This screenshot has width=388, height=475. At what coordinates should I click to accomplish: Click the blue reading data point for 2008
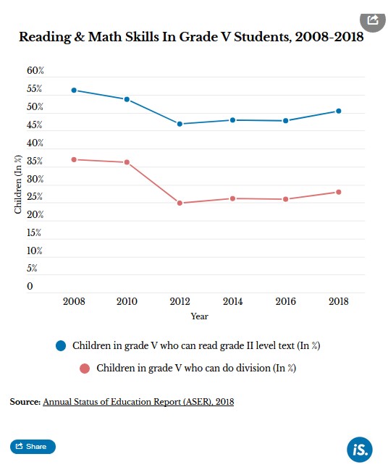pyautogui.click(x=74, y=91)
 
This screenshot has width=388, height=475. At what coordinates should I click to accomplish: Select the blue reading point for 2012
pyautogui.click(x=180, y=124)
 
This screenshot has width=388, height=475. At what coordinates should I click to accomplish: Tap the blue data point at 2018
pyautogui.click(x=339, y=112)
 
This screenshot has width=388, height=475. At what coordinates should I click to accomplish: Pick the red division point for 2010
pyautogui.click(x=127, y=162)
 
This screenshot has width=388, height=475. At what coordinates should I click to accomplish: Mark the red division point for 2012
pyautogui.click(x=180, y=203)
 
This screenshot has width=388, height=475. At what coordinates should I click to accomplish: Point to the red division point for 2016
pyautogui.click(x=286, y=199)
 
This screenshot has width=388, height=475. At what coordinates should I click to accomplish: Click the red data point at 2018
pyautogui.click(x=339, y=192)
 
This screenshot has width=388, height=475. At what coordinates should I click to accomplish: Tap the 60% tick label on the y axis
pyautogui.click(x=35, y=70)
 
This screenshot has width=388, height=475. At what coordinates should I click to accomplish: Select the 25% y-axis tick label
pyautogui.click(x=35, y=197)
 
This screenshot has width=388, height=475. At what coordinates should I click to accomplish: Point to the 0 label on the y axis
pyautogui.click(x=30, y=286)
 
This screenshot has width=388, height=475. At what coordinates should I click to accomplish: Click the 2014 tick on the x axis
pyautogui.click(x=232, y=301)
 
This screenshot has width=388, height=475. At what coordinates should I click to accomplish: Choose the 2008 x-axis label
pyautogui.click(x=74, y=301)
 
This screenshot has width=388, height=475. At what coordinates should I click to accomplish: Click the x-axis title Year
pyautogui.click(x=199, y=316)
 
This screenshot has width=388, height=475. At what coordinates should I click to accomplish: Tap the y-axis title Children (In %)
pyautogui.click(x=18, y=184)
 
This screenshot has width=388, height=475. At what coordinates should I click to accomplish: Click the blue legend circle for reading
pyautogui.click(x=61, y=345)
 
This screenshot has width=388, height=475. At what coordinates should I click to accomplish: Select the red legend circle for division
pyautogui.click(x=85, y=369)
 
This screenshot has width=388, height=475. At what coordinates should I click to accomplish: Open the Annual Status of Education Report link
pyautogui.click(x=138, y=402)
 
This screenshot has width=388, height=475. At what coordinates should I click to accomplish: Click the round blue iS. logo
pyautogui.click(x=360, y=450)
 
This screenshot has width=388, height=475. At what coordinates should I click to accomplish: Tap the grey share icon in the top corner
pyautogui.click(x=373, y=20)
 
